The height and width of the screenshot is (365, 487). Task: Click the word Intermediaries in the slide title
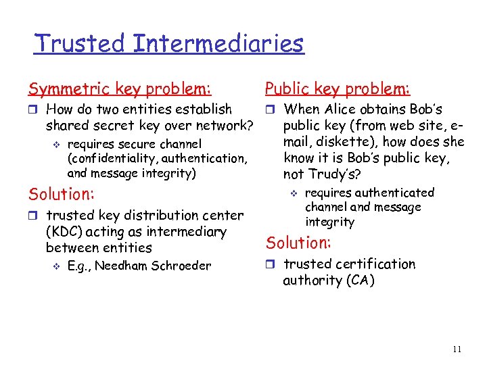[218, 44]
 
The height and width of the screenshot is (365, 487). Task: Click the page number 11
[457, 349]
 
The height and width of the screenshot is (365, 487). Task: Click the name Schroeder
[183, 266]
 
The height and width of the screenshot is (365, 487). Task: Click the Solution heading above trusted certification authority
[298, 243]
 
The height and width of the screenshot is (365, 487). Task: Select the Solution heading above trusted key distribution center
[60, 194]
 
